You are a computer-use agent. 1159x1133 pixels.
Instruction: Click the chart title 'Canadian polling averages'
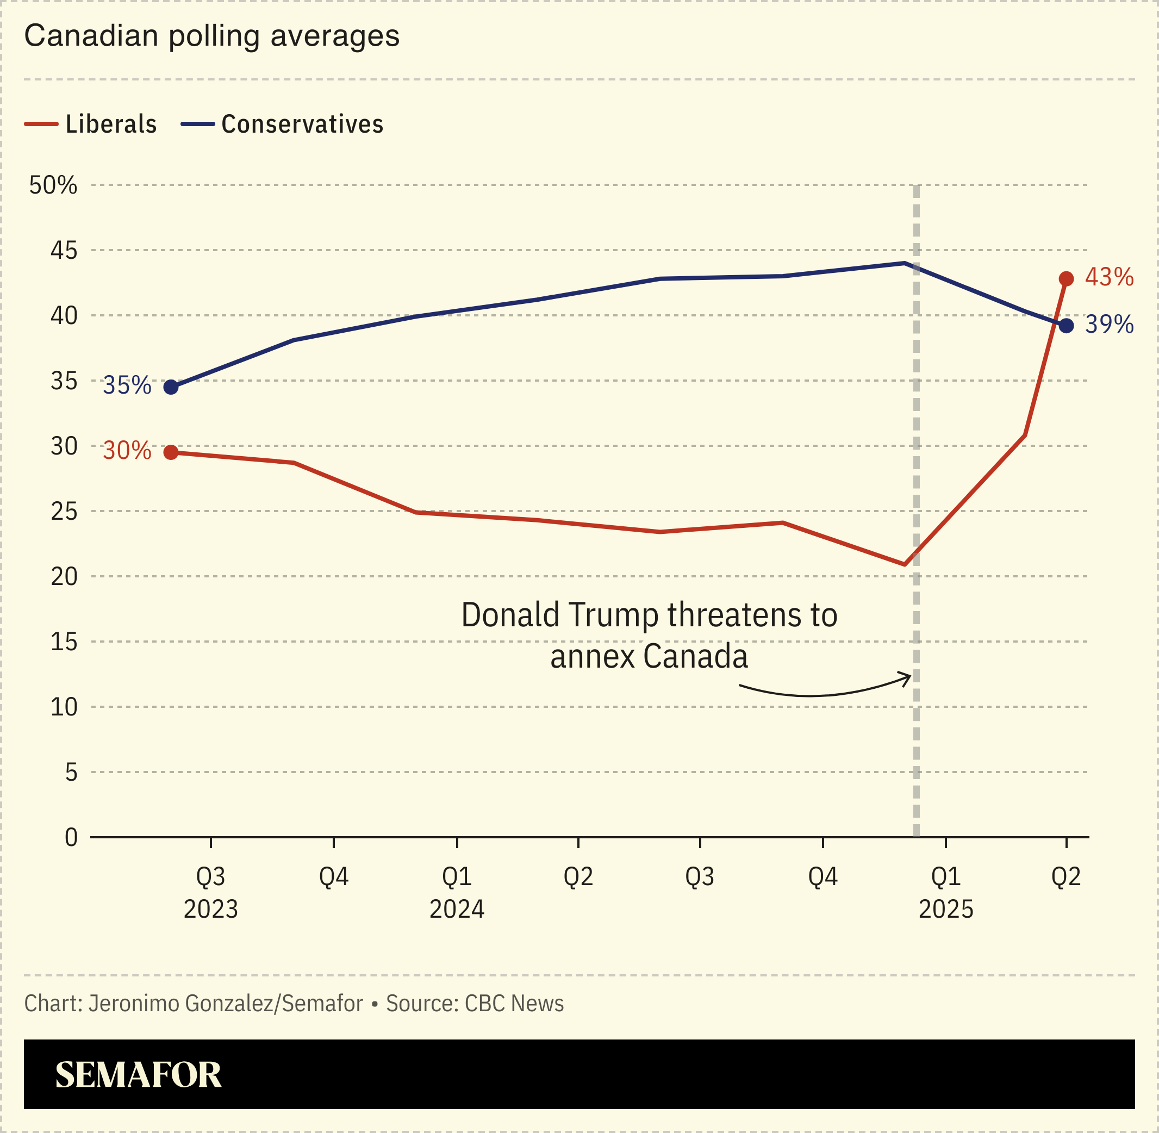pos(212,36)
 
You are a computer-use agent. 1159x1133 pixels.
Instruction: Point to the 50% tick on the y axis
pos(53,185)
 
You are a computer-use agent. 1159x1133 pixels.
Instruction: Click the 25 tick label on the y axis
pos(64,511)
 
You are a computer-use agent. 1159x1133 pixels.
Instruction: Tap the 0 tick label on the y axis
pos(71,837)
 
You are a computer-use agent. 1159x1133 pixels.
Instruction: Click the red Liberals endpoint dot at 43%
pos(1066,279)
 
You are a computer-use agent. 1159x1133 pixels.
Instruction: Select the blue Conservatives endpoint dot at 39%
pos(1066,326)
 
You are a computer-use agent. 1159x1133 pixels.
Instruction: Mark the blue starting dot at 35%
pos(171,388)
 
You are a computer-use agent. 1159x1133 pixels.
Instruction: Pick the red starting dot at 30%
pos(171,452)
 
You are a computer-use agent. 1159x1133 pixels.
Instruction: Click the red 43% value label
pos(1109,277)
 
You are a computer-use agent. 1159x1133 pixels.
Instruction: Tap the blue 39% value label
pos(1109,325)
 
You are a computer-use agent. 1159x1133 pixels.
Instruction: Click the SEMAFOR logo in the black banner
pos(138,1075)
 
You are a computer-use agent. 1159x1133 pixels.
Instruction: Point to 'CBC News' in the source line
pos(514,1003)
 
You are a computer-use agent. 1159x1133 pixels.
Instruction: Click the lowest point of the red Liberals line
pos(905,564)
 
